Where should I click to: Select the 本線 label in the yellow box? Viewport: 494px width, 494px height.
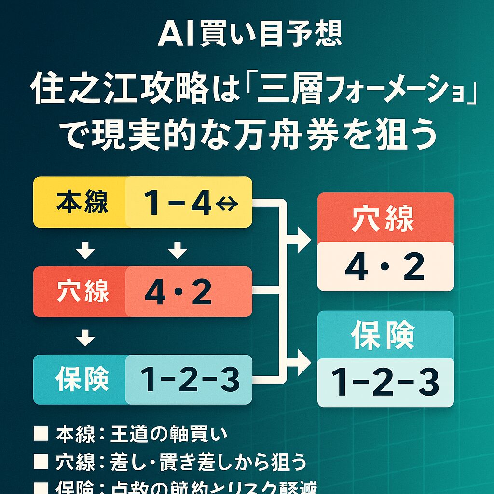point(82,203)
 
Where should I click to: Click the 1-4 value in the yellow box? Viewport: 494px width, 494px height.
point(178,203)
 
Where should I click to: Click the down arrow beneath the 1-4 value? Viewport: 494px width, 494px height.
point(178,250)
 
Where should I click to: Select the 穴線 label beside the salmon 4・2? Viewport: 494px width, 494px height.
point(82,292)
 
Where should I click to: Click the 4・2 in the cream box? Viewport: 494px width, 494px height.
point(384,268)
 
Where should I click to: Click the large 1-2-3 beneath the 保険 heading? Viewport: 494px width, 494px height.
point(384,382)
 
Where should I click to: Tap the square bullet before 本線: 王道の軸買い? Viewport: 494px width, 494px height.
point(40,434)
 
